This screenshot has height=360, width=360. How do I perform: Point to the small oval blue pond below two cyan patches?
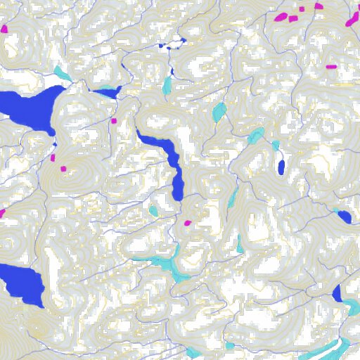coord(281,167)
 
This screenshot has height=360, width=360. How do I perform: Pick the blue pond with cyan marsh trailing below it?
coord(337,294)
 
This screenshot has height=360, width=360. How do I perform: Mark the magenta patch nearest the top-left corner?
coord(4,29)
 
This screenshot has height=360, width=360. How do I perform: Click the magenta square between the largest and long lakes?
coord(113,121)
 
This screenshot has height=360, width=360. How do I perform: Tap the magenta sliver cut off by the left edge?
coord(2,212)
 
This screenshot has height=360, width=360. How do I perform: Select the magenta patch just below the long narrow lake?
coord(187,223)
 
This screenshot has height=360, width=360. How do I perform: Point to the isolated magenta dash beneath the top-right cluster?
coord(331,66)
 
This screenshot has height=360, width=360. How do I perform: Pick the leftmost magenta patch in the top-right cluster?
coord(280,16)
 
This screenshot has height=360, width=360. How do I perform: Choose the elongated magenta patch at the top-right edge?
coord(352,19)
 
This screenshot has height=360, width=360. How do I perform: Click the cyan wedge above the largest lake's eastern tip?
coord(62,72)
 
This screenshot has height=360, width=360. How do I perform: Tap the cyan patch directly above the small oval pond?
coord(276,145)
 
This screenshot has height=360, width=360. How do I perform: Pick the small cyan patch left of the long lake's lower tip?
coord(153,210)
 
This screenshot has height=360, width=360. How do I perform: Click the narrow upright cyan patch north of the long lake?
coord(167,86)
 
